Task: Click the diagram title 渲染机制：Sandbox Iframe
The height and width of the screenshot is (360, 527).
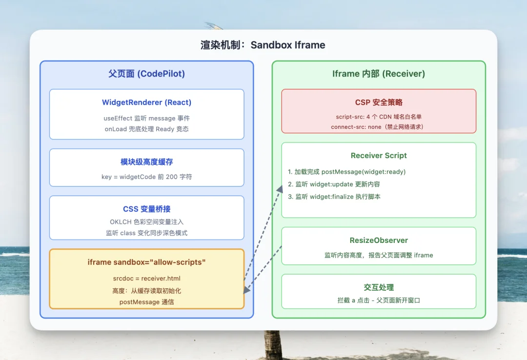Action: (263, 45)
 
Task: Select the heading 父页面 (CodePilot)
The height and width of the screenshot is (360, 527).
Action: (146, 74)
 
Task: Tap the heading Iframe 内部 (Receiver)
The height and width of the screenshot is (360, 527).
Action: (378, 74)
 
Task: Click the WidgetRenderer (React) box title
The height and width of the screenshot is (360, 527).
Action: (146, 102)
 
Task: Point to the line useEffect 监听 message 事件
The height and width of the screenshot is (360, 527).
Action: (146, 119)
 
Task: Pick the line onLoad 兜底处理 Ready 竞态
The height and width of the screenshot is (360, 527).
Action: (146, 129)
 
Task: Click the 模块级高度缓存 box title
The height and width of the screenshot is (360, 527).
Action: (146, 162)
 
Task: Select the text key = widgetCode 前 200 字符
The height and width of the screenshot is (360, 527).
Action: (146, 177)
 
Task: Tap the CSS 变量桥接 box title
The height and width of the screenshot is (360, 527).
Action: (146, 209)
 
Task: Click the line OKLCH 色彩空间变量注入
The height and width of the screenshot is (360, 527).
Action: (146, 222)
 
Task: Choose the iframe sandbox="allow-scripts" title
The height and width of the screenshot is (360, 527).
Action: (146, 262)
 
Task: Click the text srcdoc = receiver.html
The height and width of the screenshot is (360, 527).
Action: (146, 279)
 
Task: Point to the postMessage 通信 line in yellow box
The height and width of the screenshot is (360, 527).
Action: (146, 302)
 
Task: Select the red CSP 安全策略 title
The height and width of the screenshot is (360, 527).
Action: (378, 102)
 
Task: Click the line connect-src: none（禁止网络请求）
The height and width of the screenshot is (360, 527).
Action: (378, 127)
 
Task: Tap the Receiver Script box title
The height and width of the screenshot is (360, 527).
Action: (378, 156)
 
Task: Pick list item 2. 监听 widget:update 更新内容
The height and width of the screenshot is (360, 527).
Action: (334, 184)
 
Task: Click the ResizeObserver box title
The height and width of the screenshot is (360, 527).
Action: (378, 240)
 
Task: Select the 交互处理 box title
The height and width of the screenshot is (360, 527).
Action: (378, 287)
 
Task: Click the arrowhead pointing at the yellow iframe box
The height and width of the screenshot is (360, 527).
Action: (247, 290)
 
